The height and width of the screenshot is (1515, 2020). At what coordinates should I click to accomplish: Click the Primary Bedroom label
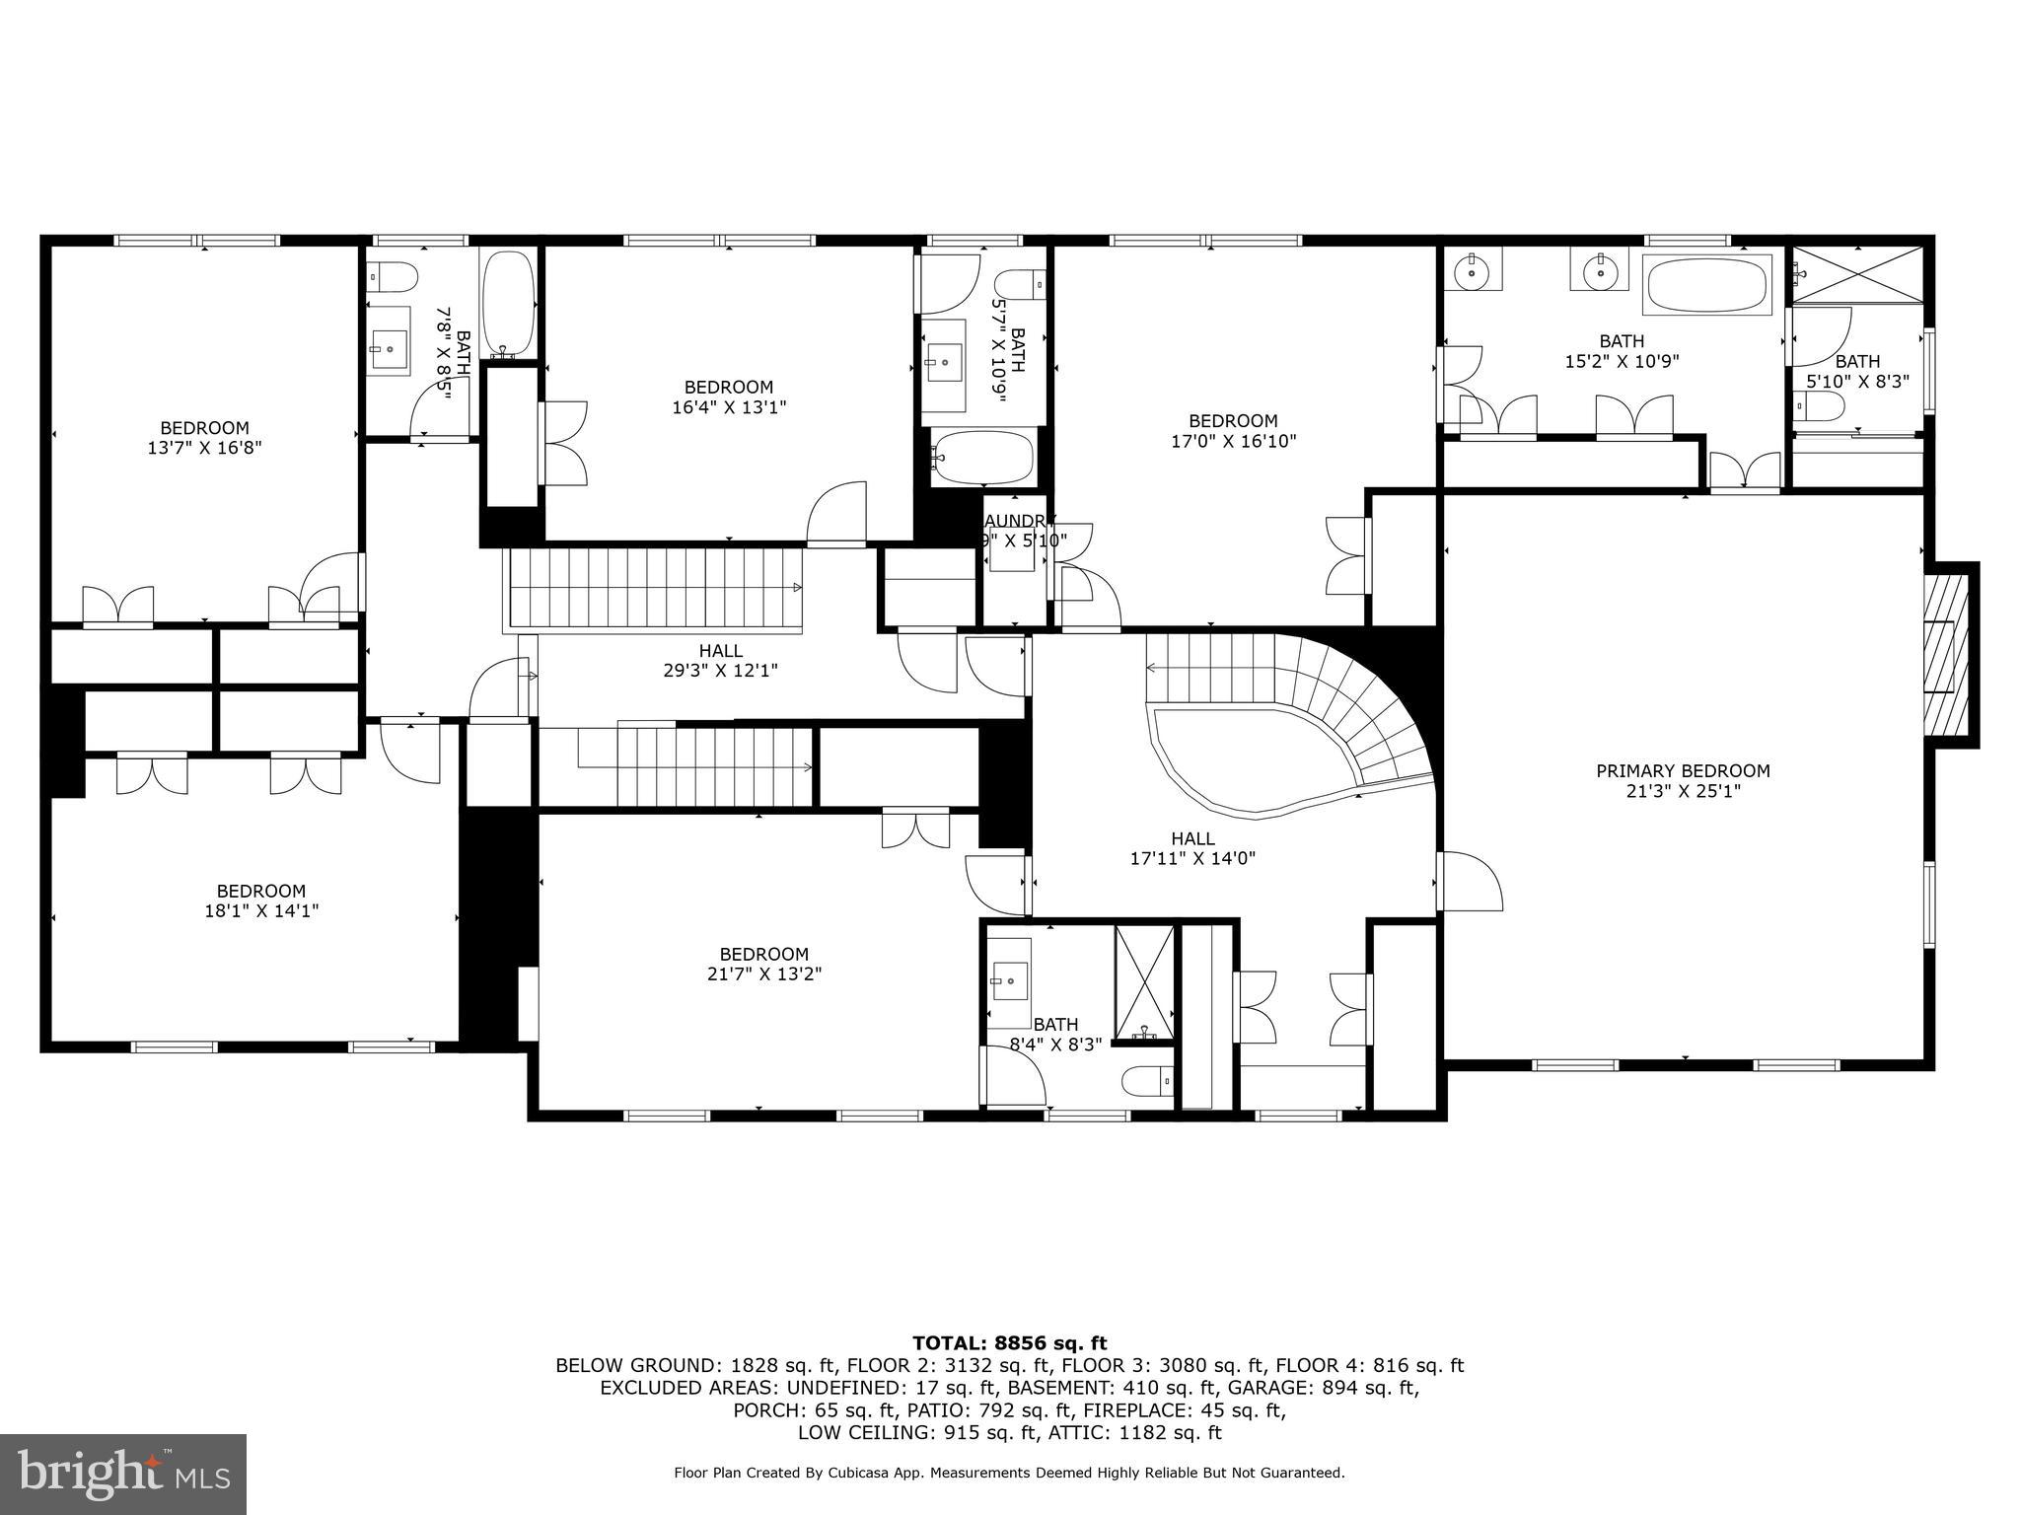pyautogui.click(x=1683, y=771)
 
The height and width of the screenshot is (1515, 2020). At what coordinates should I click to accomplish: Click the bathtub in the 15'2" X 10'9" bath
pyautogui.click(x=1709, y=285)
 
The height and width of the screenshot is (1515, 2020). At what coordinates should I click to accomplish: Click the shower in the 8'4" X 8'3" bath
pyautogui.click(x=1144, y=982)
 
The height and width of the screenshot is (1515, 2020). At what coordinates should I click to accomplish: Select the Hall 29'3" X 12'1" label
pyautogui.click(x=720, y=661)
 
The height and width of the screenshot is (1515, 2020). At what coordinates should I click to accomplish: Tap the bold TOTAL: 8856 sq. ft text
pyautogui.click(x=1009, y=1342)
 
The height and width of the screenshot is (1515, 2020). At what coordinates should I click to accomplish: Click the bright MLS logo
pyautogui.click(x=123, y=1474)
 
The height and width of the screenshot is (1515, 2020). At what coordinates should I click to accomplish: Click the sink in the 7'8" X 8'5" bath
pyautogui.click(x=389, y=346)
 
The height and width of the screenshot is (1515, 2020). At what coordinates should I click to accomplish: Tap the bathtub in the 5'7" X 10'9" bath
pyautogui.click(x=983, y=458)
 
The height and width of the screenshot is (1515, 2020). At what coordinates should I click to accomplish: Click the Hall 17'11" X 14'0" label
pyautogui.click(x=1192, y=848)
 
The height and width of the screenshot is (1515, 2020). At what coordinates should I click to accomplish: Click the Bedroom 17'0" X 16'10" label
pyautogui.click(x=1233, y=431)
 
